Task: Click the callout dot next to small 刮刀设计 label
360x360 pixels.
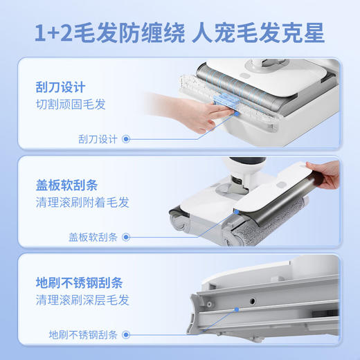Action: [126, 138]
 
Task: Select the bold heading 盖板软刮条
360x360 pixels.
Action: [66, 186]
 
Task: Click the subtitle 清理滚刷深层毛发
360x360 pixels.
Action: [82, 301]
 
